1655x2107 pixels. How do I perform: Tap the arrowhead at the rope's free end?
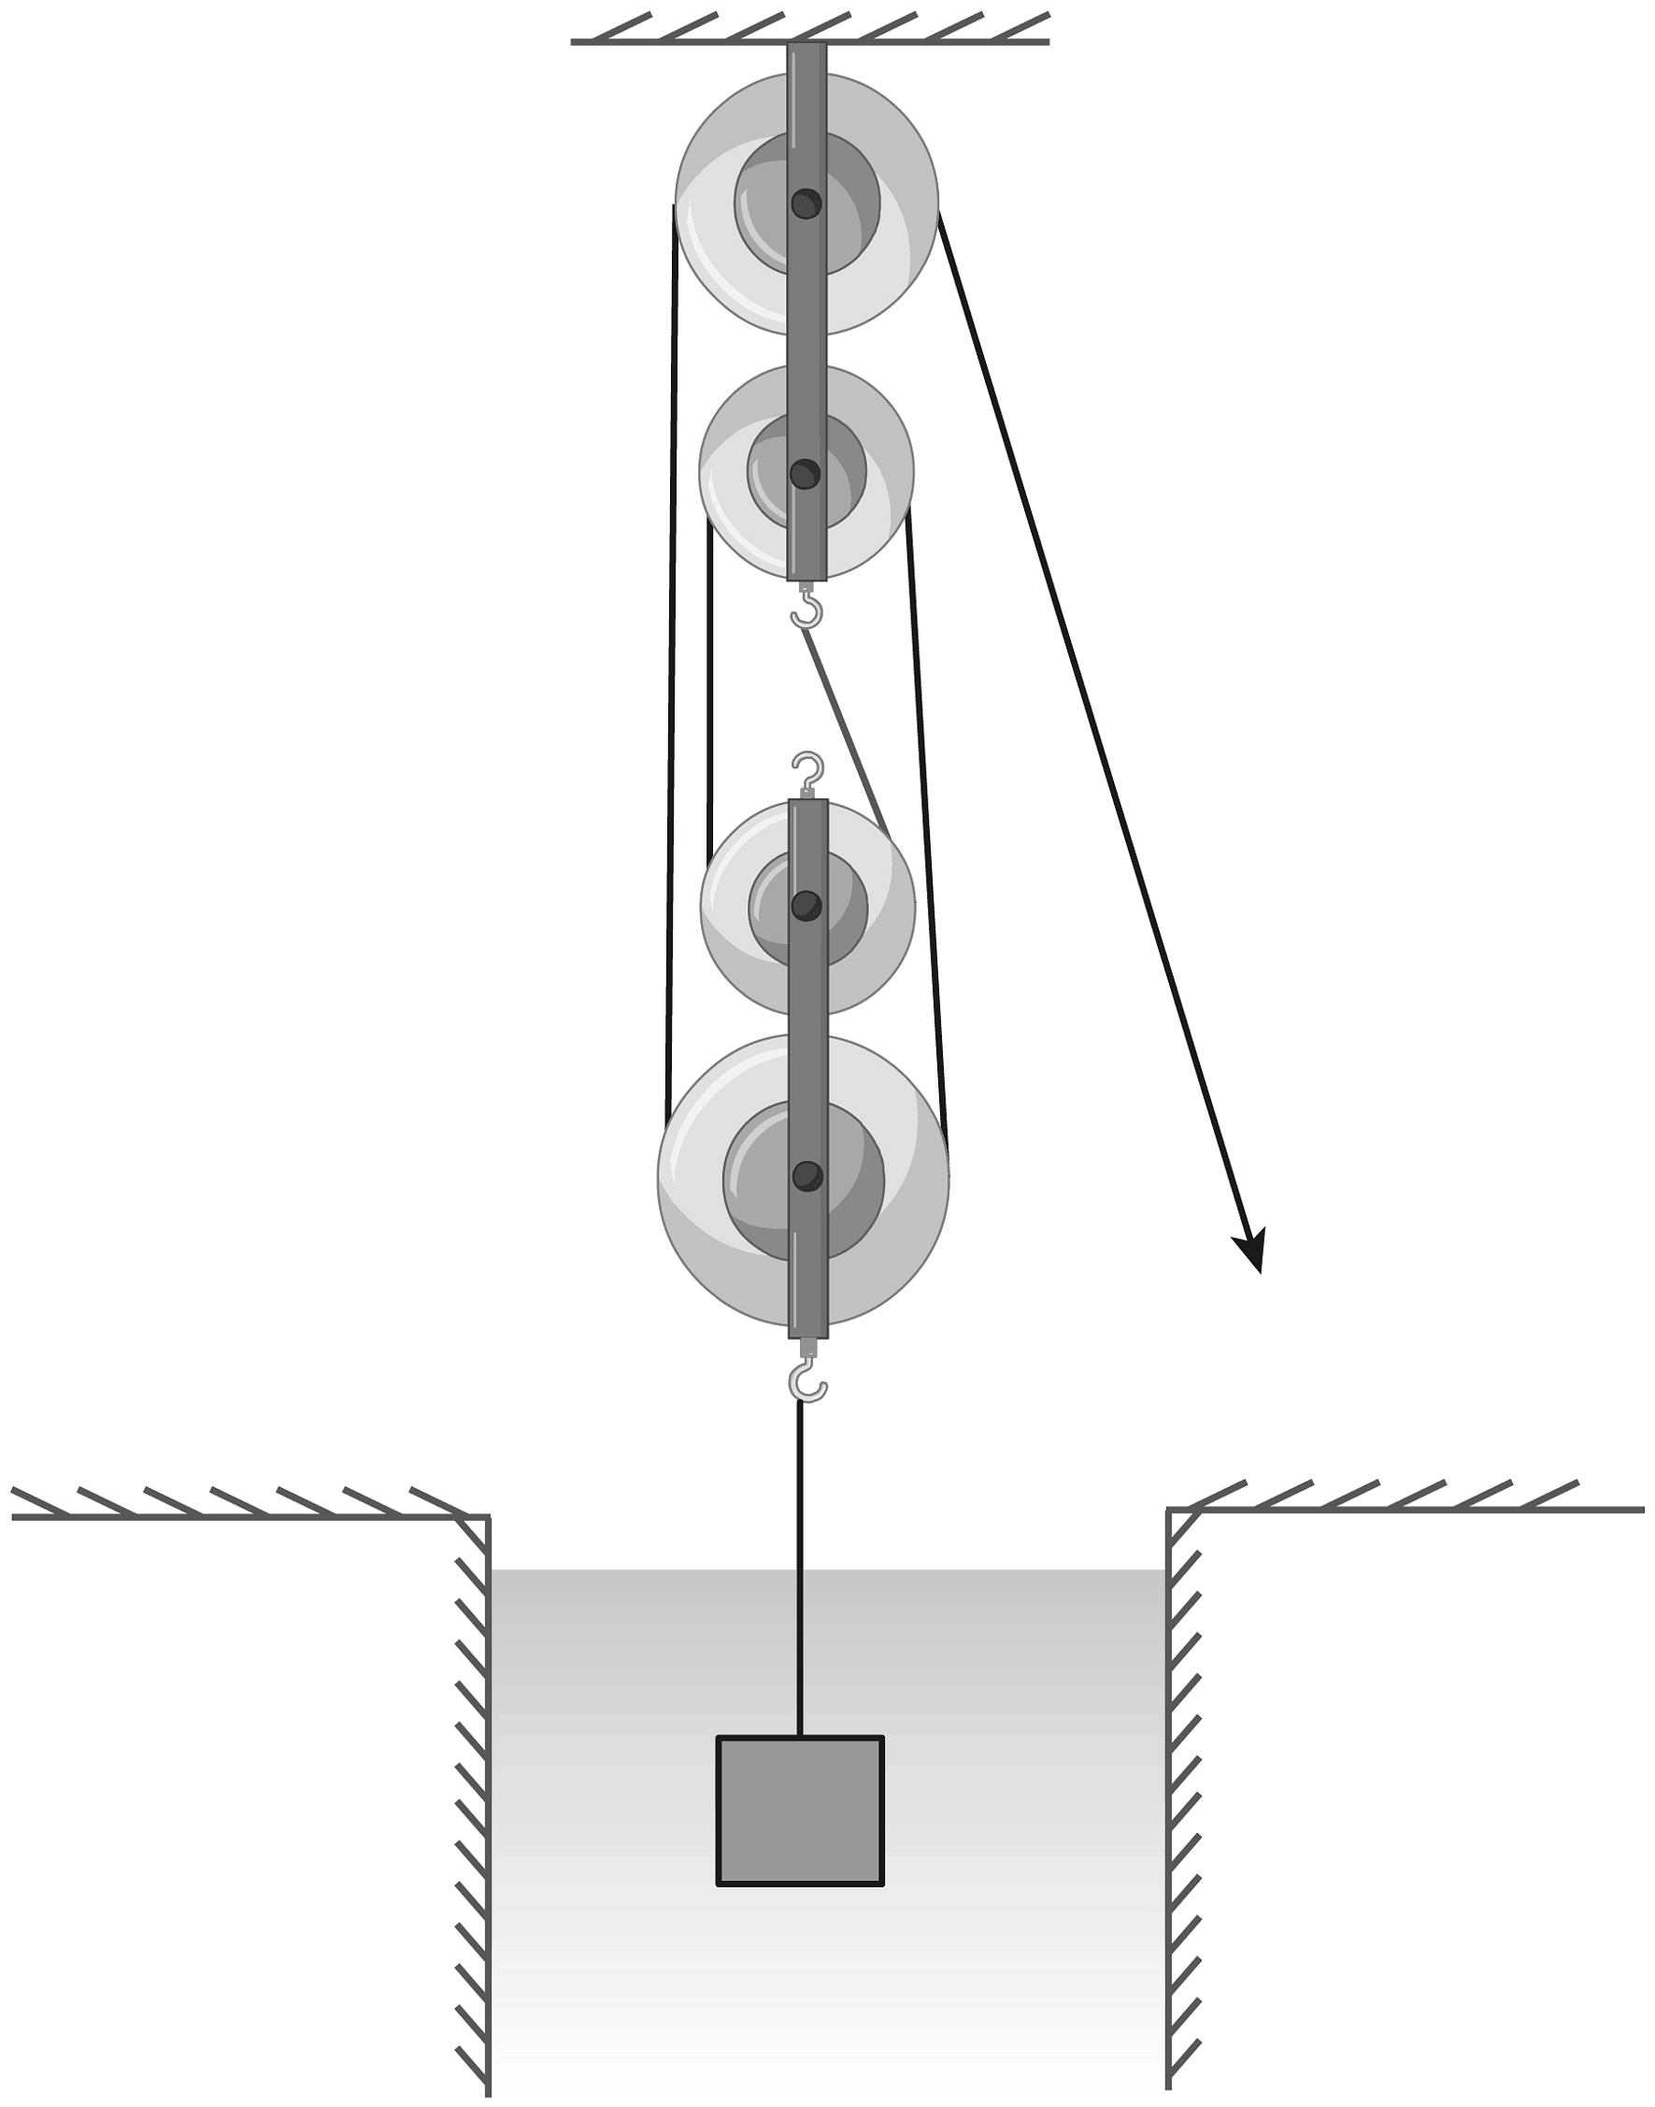[x=1252, y=1253]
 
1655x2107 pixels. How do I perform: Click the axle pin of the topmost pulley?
[x=806, y=204]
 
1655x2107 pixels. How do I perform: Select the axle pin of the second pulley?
[x=806, y=475]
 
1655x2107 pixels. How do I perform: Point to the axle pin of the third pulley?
[x=806, y=906]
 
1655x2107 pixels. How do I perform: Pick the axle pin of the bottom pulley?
[x=807, y=1177]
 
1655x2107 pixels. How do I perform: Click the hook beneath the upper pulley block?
[x=807, y=610]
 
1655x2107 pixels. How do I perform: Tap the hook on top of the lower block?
[x=808, y=771]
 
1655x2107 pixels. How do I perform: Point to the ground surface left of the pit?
[x=242, y=1517]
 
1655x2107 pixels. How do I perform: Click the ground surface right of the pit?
[x=1405, y=1509]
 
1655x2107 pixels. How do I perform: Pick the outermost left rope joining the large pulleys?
[x=672, y=659]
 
